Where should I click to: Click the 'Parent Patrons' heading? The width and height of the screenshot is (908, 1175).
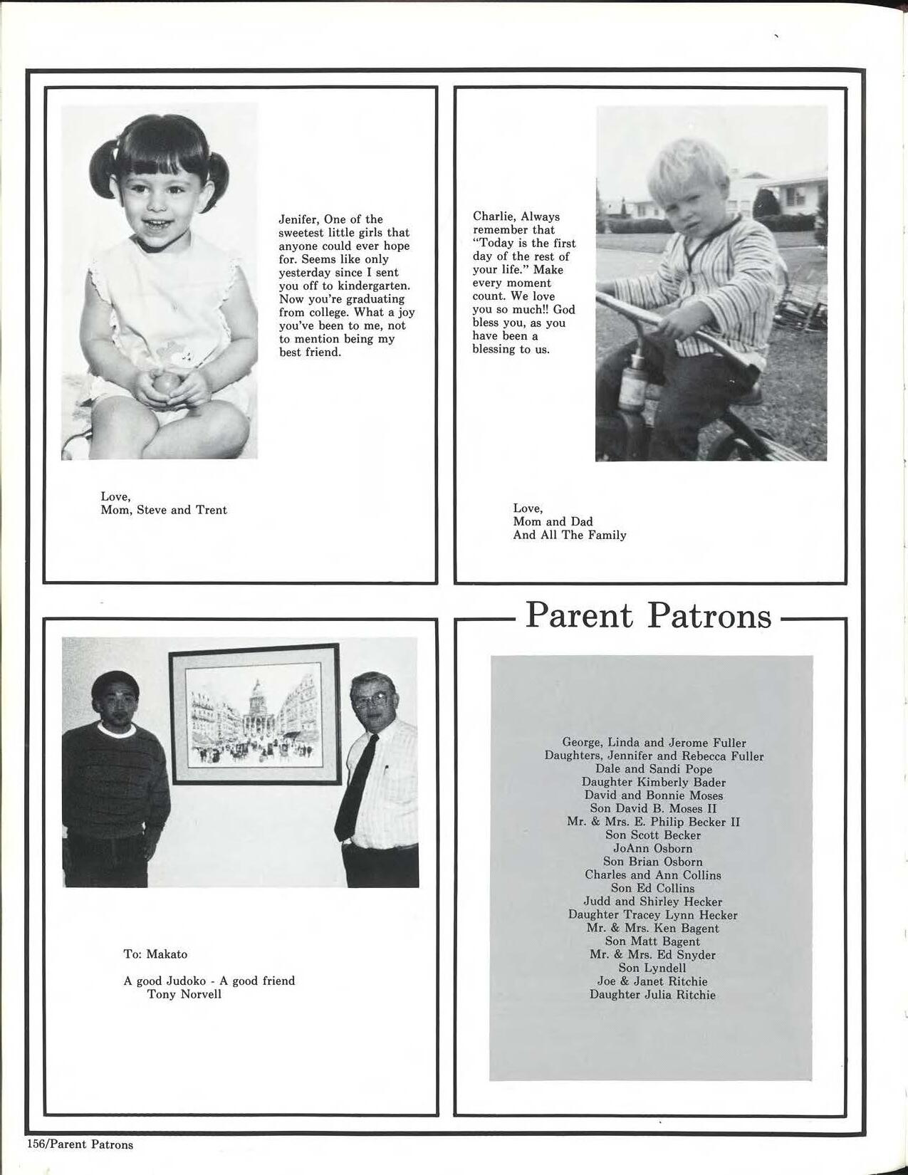[648, 615]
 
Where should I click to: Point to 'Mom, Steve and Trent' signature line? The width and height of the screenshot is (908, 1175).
[164, 510]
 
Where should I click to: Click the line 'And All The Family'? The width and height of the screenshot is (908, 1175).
[569, 535]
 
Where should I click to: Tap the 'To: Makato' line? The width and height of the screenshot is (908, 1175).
[155, 954]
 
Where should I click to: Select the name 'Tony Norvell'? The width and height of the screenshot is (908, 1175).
[184, 994]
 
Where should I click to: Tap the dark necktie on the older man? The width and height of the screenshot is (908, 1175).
[356, 783]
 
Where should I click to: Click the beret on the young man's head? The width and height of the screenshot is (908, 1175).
[115, 683]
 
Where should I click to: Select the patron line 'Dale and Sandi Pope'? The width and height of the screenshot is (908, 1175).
[653, 769]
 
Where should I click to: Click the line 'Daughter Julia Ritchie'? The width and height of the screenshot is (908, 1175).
[652, 995]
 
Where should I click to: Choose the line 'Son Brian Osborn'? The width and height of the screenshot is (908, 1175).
[652, 862]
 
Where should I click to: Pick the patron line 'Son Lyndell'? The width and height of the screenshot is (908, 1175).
[652, 968]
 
